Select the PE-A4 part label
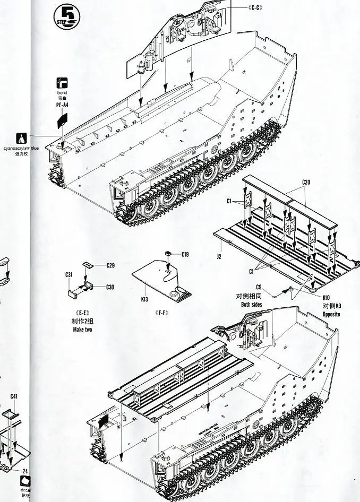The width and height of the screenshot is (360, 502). tap(62, 106)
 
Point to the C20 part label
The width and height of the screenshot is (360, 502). tap(306, 183)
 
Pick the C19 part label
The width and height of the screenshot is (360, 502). tap(184, 254)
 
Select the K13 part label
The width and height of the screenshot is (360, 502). tap(144, 299)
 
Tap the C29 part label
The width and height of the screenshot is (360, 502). tap(110, 265)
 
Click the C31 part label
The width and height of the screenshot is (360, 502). tap(69, 274)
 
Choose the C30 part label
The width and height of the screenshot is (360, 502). tap(110, 287)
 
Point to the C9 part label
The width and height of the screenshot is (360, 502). tap(259, 287)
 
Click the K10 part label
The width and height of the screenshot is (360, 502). tap(326, 298)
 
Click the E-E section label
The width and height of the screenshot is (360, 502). tap(83, 313)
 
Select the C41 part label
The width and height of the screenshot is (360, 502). tap(14, 396)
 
